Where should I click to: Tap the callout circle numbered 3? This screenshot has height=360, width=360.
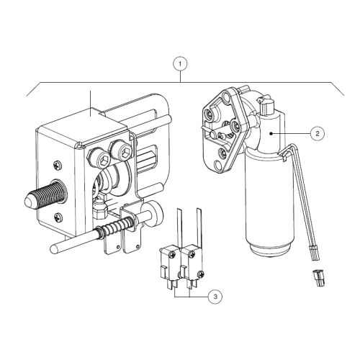(x=214, y=295)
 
